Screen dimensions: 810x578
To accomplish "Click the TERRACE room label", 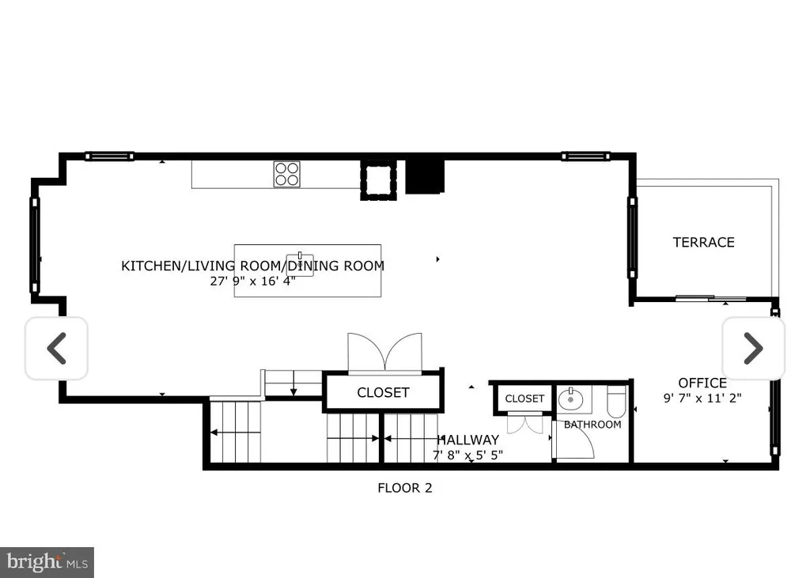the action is [703, 242].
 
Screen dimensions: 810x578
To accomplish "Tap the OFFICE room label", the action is [702, 383].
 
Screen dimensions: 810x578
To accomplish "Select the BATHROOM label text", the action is [592, 425].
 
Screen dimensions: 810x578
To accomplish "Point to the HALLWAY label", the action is [468, 440].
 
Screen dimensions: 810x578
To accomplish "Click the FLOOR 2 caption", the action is [405, 488].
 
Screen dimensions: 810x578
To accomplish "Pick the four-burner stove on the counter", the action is [286, 174].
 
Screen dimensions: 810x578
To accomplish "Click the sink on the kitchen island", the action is [300, 264].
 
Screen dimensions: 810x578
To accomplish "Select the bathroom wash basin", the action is [571, 399].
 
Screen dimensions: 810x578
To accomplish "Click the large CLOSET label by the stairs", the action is [384, 392].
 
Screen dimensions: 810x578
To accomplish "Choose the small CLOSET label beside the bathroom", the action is [524, 399].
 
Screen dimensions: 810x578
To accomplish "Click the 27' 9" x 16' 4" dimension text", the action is [252, 281].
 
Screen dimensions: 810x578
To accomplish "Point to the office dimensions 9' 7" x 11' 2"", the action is [702, 399].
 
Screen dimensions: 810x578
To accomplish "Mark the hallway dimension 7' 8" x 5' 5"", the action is [468, 455].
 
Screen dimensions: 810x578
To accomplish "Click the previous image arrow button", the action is [56, 348].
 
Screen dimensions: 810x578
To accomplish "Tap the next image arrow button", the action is [753, 348].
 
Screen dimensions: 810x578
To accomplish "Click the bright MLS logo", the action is [47, 562].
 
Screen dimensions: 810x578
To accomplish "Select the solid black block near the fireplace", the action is [425, 176].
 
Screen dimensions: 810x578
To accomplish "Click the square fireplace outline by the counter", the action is [379, 179].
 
